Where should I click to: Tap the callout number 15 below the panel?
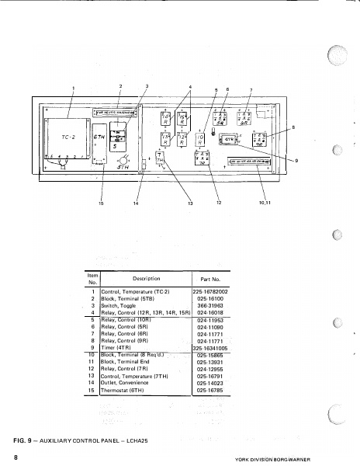point(100,203)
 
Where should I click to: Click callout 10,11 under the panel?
point(272,203)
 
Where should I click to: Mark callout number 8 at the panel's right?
point(293,127)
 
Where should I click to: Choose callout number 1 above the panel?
point(73,86)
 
